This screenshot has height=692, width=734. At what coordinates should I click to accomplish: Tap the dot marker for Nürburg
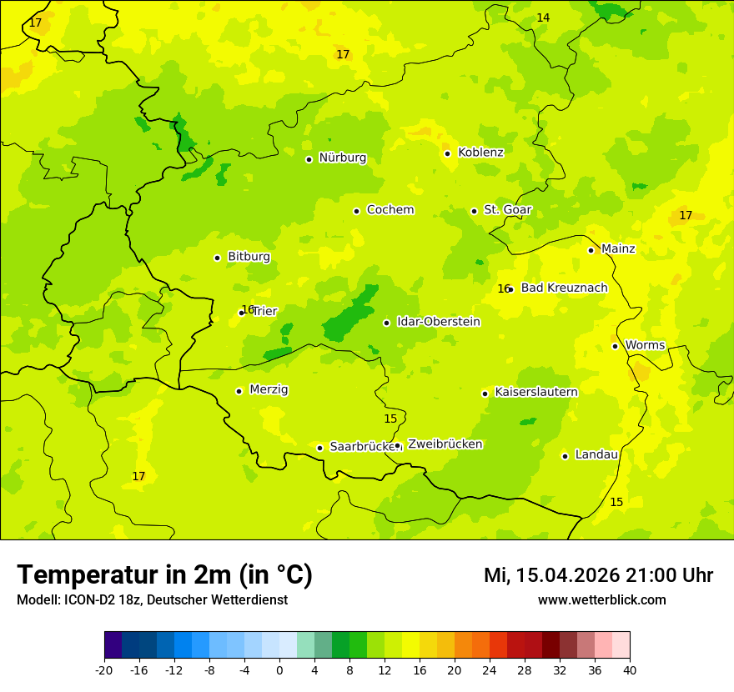pos(309,159)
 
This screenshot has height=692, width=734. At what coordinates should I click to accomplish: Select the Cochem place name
pos(390,210)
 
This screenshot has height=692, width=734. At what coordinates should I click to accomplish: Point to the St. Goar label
pos(507,210)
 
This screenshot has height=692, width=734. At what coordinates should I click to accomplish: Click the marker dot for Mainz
pos(591,250)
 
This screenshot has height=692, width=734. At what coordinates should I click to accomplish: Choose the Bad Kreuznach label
pos(564,288)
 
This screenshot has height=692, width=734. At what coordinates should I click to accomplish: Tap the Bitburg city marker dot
pos(217,258)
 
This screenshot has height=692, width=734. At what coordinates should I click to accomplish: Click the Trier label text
pos(264,311)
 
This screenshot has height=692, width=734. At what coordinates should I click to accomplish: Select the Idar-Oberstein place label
pos(439,322)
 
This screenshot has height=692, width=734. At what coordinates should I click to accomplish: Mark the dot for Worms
pos(615,346)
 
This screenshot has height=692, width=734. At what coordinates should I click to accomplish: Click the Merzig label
pos(269,390)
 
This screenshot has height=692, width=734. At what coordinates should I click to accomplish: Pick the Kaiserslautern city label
pos(536,393)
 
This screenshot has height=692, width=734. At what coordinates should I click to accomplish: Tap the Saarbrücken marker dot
pos(319,448)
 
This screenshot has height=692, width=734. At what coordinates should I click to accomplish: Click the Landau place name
pos(596,455)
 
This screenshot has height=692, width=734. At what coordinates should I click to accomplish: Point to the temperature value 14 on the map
pos(543,18)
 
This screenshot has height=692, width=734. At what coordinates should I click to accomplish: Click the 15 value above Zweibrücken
pos(390,419)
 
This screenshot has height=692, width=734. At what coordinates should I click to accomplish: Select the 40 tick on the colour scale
pos(630,669)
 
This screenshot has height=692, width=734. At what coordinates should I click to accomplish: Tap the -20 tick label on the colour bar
pos(104,669)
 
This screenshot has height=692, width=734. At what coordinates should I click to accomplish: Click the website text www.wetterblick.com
pos(601,599)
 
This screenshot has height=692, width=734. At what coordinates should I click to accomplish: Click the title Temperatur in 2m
pos(164,574)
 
